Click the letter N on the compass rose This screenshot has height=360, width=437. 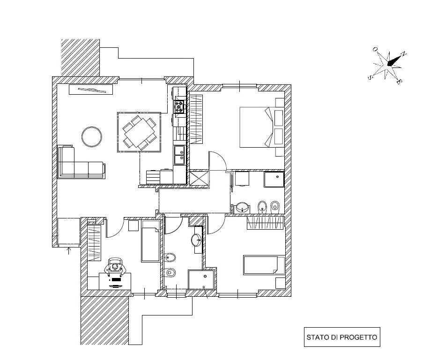point(405,54)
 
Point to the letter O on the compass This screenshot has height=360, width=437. point(375,49)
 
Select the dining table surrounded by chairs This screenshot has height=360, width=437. point(139,132)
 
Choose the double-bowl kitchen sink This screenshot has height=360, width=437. point(179,155)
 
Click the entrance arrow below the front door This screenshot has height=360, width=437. point(69,251)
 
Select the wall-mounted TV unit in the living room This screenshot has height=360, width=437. point(91,89)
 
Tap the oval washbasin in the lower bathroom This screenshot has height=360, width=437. point(197,240)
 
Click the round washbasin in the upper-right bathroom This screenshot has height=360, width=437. point(242,207)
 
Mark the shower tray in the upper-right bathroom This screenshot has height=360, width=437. point(274,180)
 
